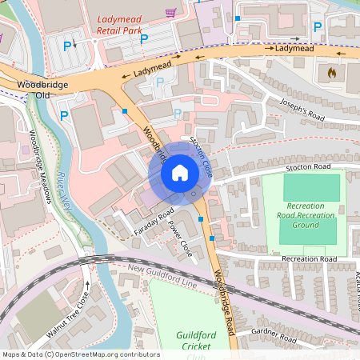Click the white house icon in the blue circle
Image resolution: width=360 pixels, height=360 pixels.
(x=180, y=173)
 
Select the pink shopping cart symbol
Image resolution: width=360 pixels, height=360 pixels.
(x=170, y=14)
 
